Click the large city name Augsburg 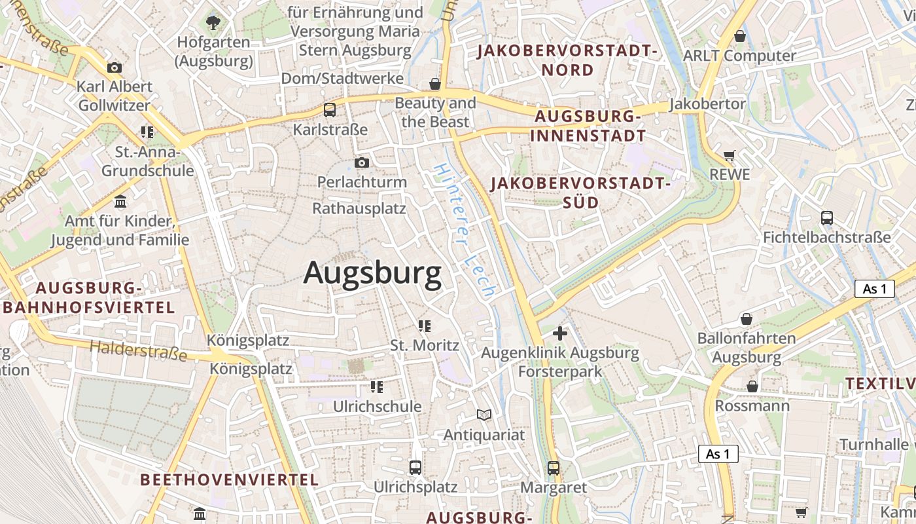pyautogui.click(x=372, y=272)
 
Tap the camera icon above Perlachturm pyautogui.click(x=362, y=162)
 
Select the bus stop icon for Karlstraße pyautogui.click(x=330, y=110)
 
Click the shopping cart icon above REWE pyautogui.click(x=730, y=156)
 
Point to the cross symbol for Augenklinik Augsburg pyautogui.click(x=560, y=333)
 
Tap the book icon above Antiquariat pyautogui.click(x=484, y=415)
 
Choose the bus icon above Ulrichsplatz pyautogui.click(x=415, y=468)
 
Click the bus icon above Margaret pyautogui.click(x=554, y=468)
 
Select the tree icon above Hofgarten pyautogui.click(x=213, y=24)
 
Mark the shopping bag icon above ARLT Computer pyautogui.click(x=740, y=36)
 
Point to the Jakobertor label pyautogui.click(x=707, y=104)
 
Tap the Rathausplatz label pyautogui.click(x=359, y=209)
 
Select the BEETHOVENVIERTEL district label pyautogui.click(x=230, y=479)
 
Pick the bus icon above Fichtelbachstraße pyautogui.click(x=827, y=218)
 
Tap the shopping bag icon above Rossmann pyautogui.click(x=752, y=386)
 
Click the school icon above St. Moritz pyautogui.click(x=425, y=326)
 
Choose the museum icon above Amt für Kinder pyautogui.click(x=120, y=201)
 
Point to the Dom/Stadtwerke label pyautogui.click(x=342, y=79)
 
